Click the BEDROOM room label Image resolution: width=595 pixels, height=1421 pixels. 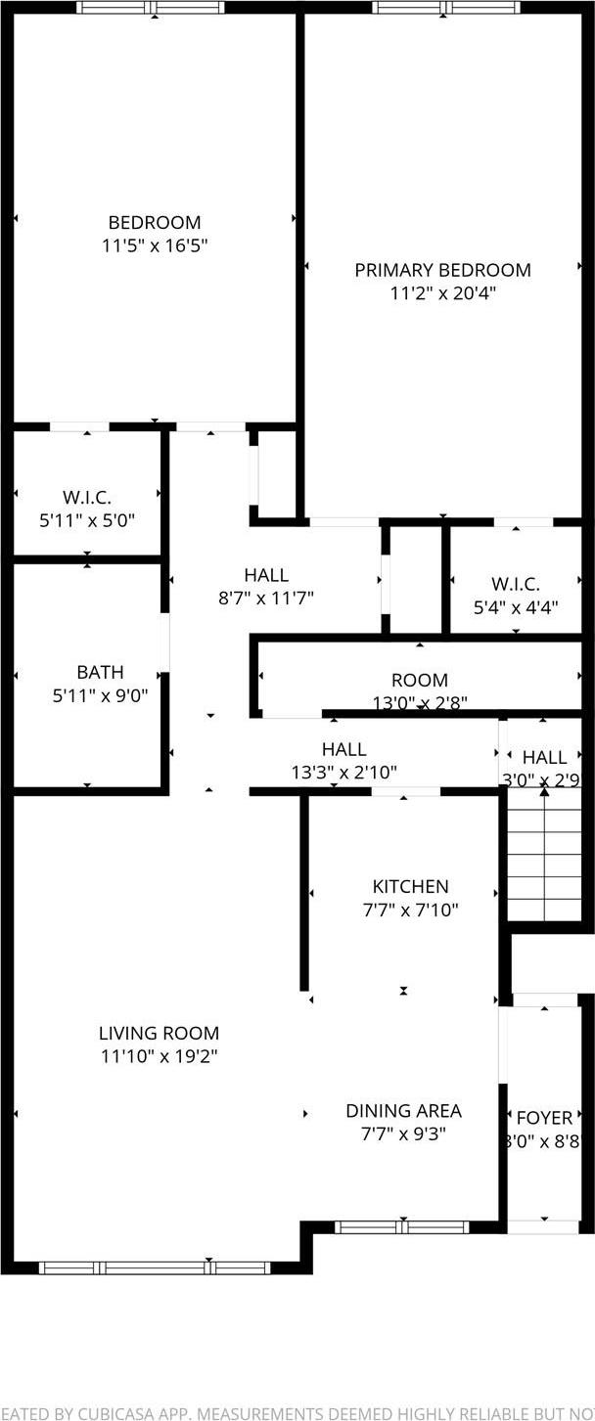[154, 222]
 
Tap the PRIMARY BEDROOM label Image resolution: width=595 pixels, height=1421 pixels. [442, 270]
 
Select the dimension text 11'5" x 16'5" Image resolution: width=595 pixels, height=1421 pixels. [154, 245]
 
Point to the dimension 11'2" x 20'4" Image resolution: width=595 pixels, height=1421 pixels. [442, 293]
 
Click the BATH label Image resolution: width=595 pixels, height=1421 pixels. [100, 672]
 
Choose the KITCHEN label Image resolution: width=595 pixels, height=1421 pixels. [410, 886]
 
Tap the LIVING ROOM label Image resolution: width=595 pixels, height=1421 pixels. [159, 1033]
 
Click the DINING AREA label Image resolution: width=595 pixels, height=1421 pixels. [403, 1111]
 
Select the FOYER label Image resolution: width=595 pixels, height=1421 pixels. [544, 1118]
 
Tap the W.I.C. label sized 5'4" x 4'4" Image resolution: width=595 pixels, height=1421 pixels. [515, 584]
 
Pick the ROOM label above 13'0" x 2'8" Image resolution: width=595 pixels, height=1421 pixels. [419, 680]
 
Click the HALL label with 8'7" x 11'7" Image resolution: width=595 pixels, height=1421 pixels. [266, 575]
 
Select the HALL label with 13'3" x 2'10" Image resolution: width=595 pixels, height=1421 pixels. [343, 749]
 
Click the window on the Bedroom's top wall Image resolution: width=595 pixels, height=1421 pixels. [151, 8]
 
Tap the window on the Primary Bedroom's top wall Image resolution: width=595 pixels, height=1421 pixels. [442, 8]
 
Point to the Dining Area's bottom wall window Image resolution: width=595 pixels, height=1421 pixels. [401, 1227]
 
